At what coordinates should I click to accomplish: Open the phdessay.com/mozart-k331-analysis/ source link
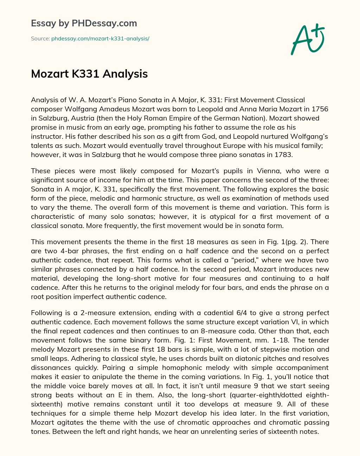[100, 39]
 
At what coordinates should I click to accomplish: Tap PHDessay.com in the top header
[104, 24]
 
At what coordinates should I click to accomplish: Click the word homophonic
[184, 367]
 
